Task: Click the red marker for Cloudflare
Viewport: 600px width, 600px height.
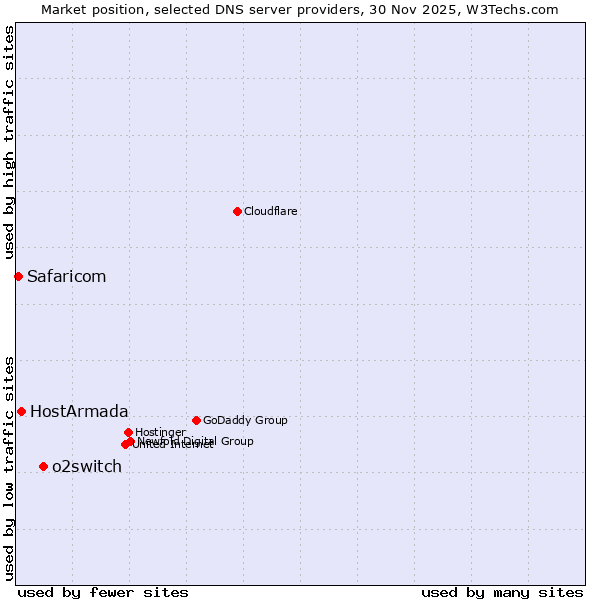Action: point(237,211)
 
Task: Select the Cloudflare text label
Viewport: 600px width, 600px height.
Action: point(270,211)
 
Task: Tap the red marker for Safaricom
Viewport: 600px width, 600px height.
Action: point(18,276)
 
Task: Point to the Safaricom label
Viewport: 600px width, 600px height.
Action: point(66,276)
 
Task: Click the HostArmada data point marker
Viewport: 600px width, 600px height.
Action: point(21,411)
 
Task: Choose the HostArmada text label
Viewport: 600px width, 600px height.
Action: point(79,411)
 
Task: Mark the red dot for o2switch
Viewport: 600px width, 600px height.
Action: point(43,466)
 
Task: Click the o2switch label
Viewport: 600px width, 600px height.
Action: point(87,466)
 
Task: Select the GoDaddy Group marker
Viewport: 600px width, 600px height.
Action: point(196,420)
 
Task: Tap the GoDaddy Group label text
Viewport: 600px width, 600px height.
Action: point(245,420)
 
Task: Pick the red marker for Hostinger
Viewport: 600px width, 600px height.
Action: point(128,432)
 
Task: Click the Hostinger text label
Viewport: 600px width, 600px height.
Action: point(160,432)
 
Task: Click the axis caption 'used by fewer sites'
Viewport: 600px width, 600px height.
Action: point(103,592)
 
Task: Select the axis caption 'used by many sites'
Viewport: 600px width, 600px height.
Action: point(502,592)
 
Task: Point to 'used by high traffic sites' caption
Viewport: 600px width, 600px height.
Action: point(9,143)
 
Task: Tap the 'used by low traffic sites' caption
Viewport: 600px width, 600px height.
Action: point(9,468)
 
